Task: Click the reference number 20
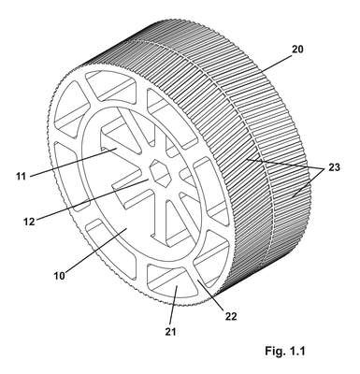297,50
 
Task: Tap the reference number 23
334,167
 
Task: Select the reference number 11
21,176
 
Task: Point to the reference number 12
29,222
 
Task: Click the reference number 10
60,276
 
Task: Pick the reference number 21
170,331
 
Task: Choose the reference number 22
231,316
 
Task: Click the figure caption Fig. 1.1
285,352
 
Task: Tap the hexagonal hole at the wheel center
160,172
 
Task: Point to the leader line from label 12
93,199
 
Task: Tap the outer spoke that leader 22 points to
194,274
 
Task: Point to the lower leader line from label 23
308,185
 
